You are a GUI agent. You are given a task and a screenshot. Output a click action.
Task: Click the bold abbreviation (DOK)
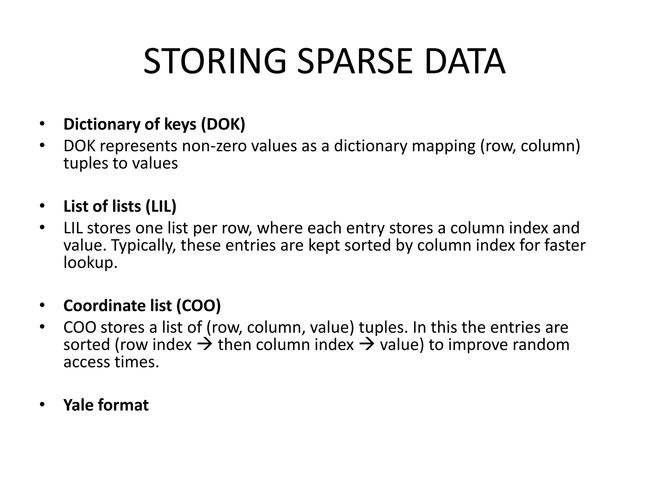pos(223,124)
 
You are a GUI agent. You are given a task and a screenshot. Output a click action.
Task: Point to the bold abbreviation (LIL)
pos(161,206)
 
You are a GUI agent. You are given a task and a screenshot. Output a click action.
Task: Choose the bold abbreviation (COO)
pos(198,306)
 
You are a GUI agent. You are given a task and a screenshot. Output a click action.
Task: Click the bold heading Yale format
pos(106,405)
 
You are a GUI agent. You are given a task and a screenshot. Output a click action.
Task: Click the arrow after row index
pos(205,345)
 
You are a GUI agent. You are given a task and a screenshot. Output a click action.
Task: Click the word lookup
pos(90,263)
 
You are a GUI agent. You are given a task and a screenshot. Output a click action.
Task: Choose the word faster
pos(564,246)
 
